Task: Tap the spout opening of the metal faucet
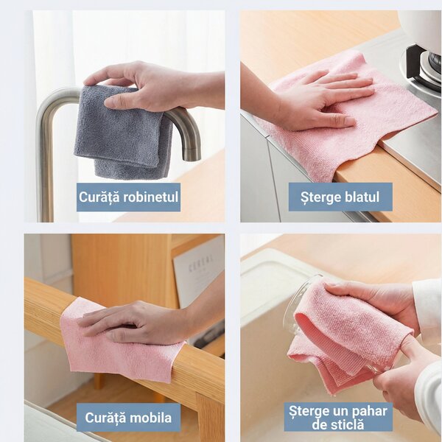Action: point(192,156)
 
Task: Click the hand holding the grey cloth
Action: point(152,86)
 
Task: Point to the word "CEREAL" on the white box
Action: point(200,263)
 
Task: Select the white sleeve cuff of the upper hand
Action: point(426,304)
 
